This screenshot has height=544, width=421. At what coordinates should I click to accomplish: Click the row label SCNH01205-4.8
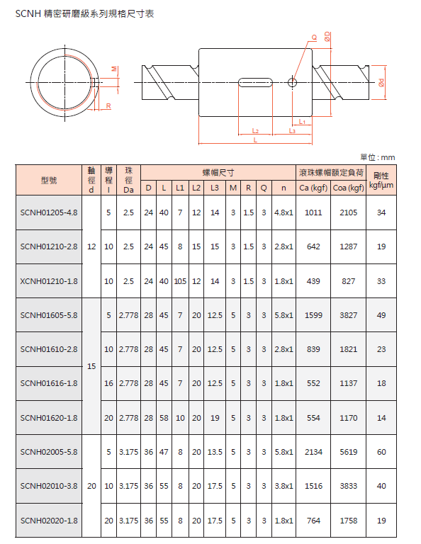(49, 212)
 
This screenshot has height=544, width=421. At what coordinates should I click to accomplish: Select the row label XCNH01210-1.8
(49, 281)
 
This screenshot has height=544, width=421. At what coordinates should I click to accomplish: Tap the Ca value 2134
(313, 452)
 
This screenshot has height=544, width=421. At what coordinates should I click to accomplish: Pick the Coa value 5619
(349, 452)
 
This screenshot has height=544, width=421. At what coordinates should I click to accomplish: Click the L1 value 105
(180, 281)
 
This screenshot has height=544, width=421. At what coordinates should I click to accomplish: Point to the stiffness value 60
(381, 452)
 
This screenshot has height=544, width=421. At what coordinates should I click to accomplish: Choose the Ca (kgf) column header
(313, 188)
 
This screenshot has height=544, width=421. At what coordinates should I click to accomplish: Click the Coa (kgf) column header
(349, 188)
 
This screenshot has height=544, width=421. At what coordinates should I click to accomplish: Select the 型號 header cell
(49, 180)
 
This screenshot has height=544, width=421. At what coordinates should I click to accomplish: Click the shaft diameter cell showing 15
(91, 366)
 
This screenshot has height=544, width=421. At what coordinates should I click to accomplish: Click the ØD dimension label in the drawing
(327, 35)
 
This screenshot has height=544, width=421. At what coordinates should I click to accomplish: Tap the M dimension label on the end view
(114, 69)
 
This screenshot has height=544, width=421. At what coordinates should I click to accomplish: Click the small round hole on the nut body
(292, 82)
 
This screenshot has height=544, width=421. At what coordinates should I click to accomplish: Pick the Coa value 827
(349, 281)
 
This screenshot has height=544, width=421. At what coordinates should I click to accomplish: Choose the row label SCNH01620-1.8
(49, 418)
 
